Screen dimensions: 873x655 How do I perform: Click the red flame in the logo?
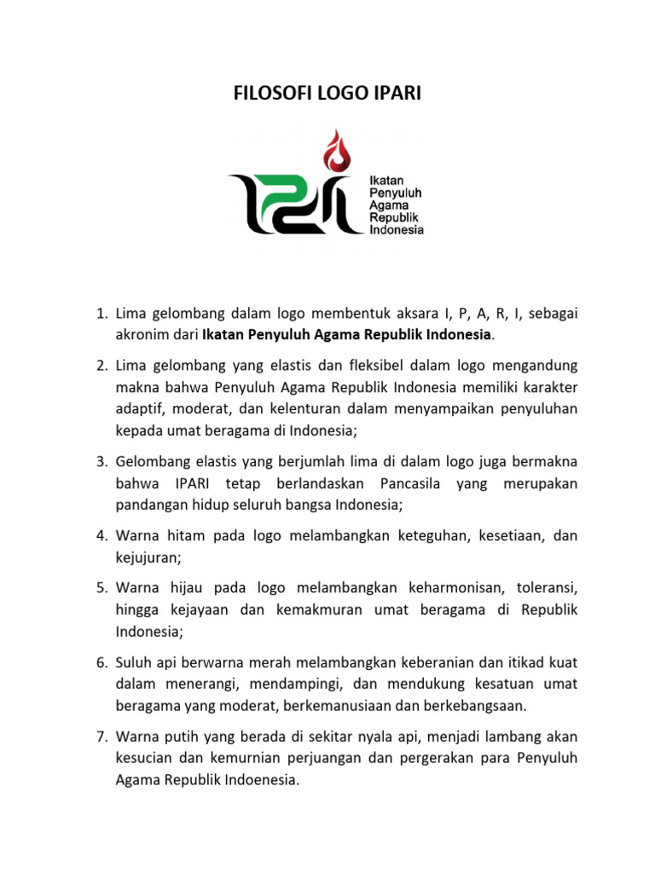tap(339, 151)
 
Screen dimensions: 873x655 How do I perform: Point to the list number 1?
tap(100, 315)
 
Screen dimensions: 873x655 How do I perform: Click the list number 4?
tap(100, 536)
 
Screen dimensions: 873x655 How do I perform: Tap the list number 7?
tap(100, 735)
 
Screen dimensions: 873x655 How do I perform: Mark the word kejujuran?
tap(146, 558)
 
